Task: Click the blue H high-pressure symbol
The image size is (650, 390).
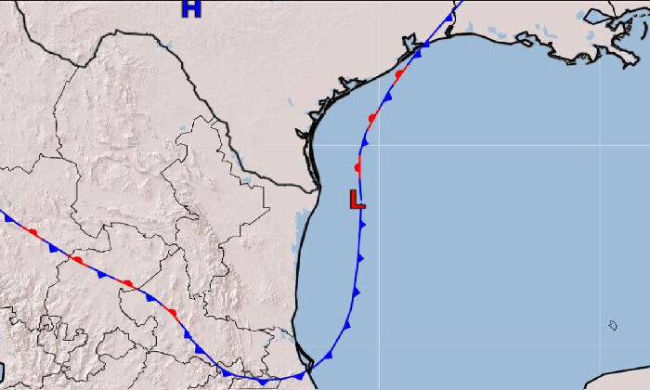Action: pyautogui.click(x=191, y=9)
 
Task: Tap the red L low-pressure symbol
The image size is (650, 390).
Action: pyautogui.click(x=357, y=199)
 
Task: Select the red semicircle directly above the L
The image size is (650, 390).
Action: pyautogui.click(x=357, y=167)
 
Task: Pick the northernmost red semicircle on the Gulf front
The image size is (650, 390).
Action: pyautogui.click(x=399, y=73)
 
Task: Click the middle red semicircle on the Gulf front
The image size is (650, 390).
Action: pyautogui.click(x=372, y=118)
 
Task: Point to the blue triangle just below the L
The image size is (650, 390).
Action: pyautogui.click(x=362, y=224)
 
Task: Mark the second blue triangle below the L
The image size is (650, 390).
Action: pyautogui.click(x=360, y=257)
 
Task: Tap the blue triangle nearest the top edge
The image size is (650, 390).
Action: pyautogui.click(x=449, y=17)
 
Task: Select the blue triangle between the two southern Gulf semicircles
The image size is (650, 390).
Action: pyautogui.click(x=366, y=142)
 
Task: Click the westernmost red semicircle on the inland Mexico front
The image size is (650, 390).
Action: pyautogui.click(x=32, y=232)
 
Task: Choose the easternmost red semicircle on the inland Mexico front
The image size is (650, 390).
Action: pyautogui.click(x=172, y=313)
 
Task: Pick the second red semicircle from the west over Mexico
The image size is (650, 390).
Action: pyautogui.click(x=78, y=261)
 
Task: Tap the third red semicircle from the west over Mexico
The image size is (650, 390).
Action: pyautogui.click(x=127, y=284)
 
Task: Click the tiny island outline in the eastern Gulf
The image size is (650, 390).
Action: pyautogui.click(x=613, y=325)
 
